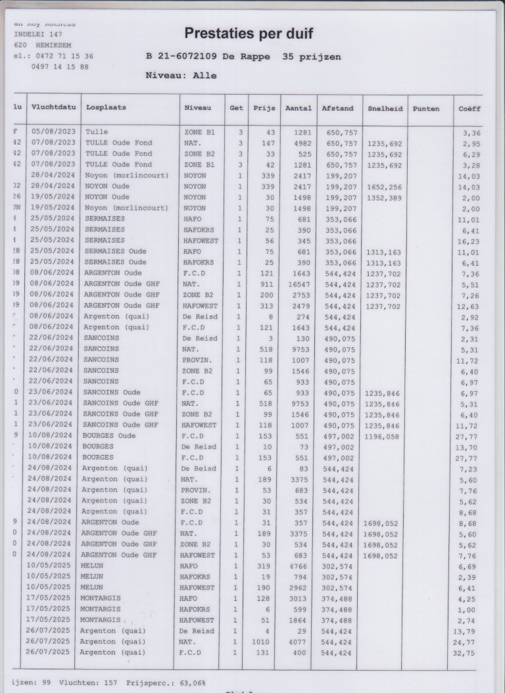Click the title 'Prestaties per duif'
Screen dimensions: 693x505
pyautogui.click(x=249, y=34)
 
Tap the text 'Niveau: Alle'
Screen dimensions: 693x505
pyautogui.click(x=180, y=76)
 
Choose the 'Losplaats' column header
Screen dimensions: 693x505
pyautogui.click(x=105, y=108)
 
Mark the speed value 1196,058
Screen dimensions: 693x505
pyautogui.click(x=381, y=435)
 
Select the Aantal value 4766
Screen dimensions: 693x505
pyautogui.click(x=296, y=566)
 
